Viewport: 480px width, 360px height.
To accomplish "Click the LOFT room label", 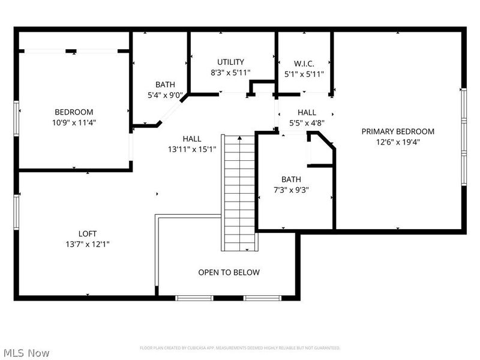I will click(x=87, y=233).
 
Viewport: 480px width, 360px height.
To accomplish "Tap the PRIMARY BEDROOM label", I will click(x=397, y=131).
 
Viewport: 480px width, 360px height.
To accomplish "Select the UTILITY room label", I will click(x=230, y=62).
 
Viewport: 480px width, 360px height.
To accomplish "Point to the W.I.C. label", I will click(x=304, y=64).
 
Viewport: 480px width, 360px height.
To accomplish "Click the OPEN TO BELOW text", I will click(x=229, y=272).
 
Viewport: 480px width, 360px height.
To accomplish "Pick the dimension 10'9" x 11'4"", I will click(x=74, y=122).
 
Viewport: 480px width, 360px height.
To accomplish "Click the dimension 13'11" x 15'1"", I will click(x=192, y=149).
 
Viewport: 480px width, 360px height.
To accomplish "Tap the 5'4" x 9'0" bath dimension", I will click(x=165, y=95).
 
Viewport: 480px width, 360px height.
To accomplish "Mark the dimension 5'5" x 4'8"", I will click(x=307, y=123).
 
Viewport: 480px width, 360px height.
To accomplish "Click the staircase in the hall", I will click(x=239, y=192).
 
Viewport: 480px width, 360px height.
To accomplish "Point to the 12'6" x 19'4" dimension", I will click(x=397, y=142).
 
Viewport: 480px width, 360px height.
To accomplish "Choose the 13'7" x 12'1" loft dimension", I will click(x=87, y=244).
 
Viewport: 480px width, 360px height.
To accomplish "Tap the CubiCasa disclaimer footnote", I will click(x=240, y=348).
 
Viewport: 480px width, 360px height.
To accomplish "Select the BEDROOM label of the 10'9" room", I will click(x=74, y=112).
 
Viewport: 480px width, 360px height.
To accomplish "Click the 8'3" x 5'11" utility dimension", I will click(x=230, y=73).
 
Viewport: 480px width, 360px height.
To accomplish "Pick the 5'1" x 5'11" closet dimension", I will click(x=304, y=74).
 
